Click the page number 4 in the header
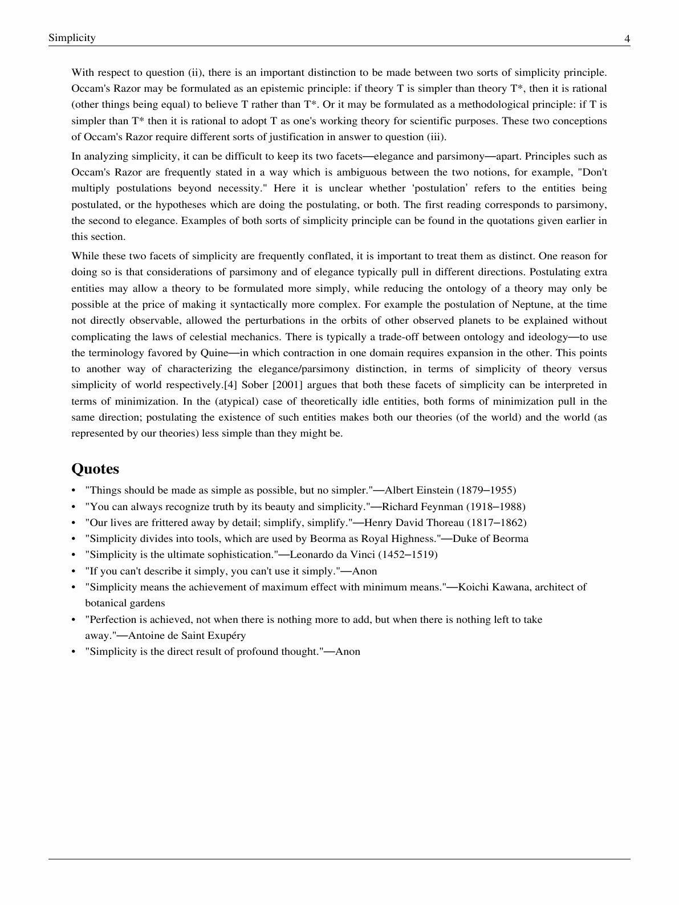tap(627, 39)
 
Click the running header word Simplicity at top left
tap(72, 38)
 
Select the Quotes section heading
tap(95, 469)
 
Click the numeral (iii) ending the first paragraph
tap(437, 137)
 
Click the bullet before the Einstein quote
tap(74, 490)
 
